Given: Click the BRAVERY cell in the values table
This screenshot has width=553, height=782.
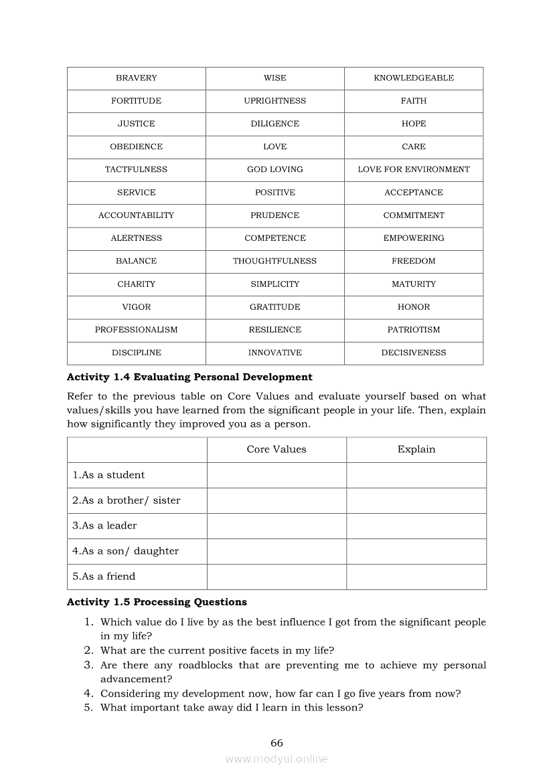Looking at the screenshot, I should [x=136, y=78].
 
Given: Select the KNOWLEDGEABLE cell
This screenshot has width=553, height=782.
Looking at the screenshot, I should [x=414, y=78].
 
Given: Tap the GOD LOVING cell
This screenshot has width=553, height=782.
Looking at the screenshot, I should [x=275, y=170].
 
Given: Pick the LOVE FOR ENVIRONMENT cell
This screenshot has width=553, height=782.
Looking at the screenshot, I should [x=414, y=170].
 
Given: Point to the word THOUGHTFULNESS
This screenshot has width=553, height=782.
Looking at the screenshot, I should [x=275, y=262].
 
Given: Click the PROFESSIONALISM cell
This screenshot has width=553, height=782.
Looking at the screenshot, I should [x=136, y=330].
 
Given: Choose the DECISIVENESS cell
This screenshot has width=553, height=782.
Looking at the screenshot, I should [x=414, y=353].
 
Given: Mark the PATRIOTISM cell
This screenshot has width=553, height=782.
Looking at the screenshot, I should [x=414, y=330].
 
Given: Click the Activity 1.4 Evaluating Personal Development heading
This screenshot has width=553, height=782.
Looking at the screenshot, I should [x=189, y=377].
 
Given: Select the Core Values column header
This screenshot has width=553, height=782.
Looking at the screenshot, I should [x=276, y=450].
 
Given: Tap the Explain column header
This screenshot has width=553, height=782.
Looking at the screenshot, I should [x=416, y=450].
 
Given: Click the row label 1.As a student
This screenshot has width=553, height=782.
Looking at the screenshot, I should [x=108, y=475].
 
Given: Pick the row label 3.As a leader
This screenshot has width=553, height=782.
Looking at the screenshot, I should [x=104, y=526].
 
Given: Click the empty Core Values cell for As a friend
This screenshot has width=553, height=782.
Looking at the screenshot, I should [x=276, y=577].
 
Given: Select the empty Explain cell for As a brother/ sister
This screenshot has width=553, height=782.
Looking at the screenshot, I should [x=416, y=500].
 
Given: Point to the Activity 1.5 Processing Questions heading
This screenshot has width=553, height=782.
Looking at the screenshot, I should [x=157, y=602].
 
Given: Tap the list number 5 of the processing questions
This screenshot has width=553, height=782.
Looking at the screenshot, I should [x=88, y=708].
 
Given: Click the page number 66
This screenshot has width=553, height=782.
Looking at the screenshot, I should [x=276, y=743].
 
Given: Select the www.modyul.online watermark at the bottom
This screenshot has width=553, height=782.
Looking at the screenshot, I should [x=276, y=759].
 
